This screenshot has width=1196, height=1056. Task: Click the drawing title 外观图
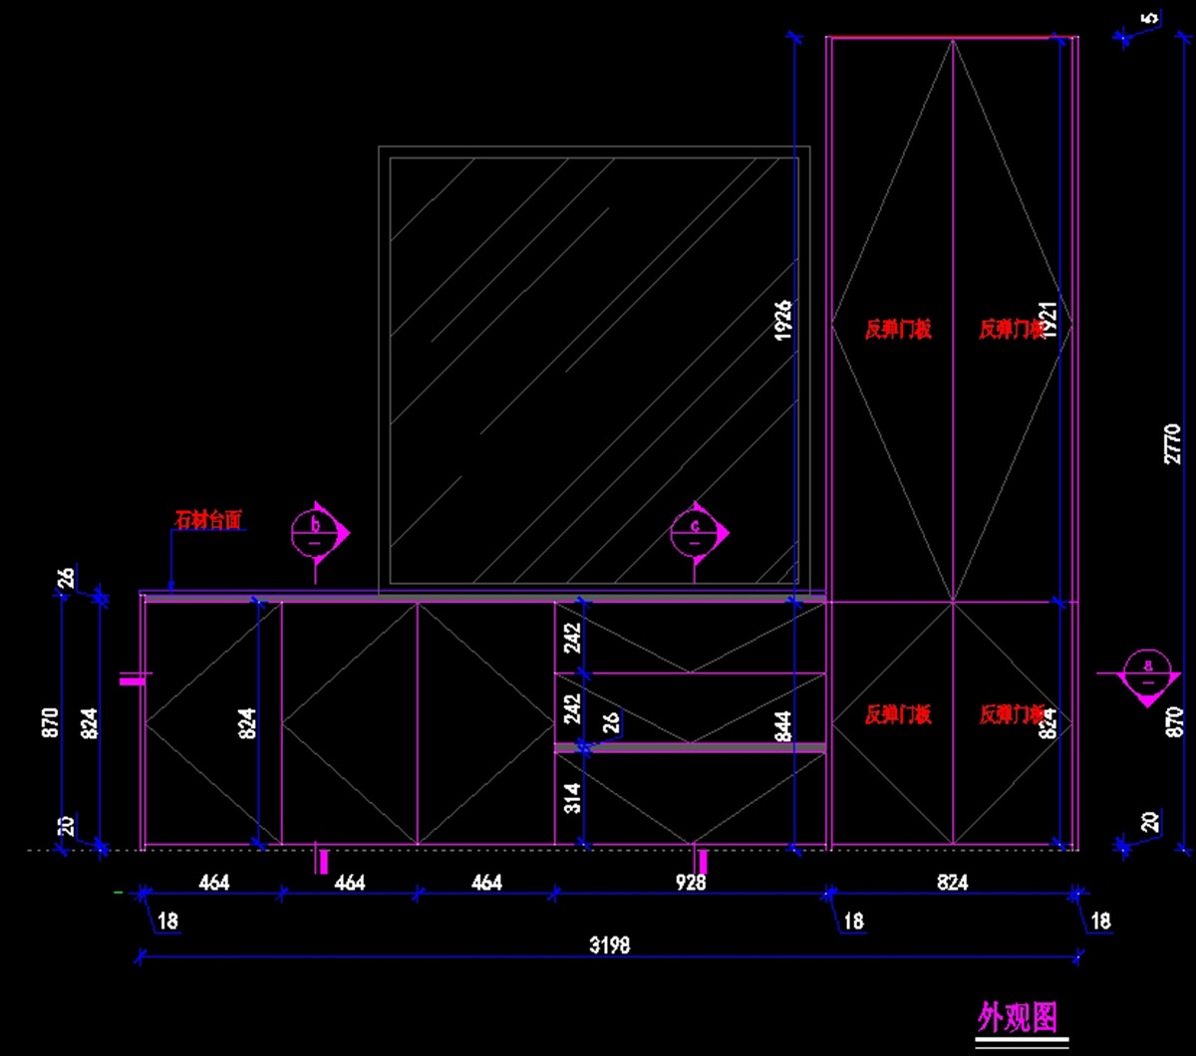coord(1017,1017)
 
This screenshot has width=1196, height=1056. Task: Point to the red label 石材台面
coord(208,519)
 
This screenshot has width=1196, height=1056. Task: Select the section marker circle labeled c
coord(695,532)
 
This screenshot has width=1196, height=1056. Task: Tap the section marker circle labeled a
coord(1148,672)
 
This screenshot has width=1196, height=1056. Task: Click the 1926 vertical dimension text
coord(782,321)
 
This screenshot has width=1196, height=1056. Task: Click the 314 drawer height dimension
coord(573,798)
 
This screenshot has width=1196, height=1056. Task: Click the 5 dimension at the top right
coord(1150,19)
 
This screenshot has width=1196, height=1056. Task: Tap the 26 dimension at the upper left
coord(67,579)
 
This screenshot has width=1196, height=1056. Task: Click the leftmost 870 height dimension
coord(51,722)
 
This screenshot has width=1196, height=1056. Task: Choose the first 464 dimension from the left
coord(213,883)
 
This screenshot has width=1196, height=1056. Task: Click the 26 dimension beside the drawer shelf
coord(611,722)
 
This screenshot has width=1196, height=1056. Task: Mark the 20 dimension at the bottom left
coord(67,826)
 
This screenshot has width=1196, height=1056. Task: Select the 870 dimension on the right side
coord(1173,722)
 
